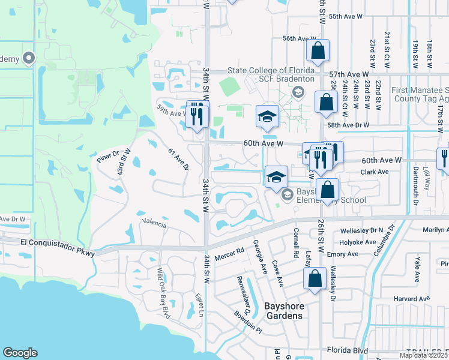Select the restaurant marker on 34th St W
197,113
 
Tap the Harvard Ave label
415,298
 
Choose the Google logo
20,353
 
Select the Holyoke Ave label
358,242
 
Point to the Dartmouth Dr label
415,190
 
